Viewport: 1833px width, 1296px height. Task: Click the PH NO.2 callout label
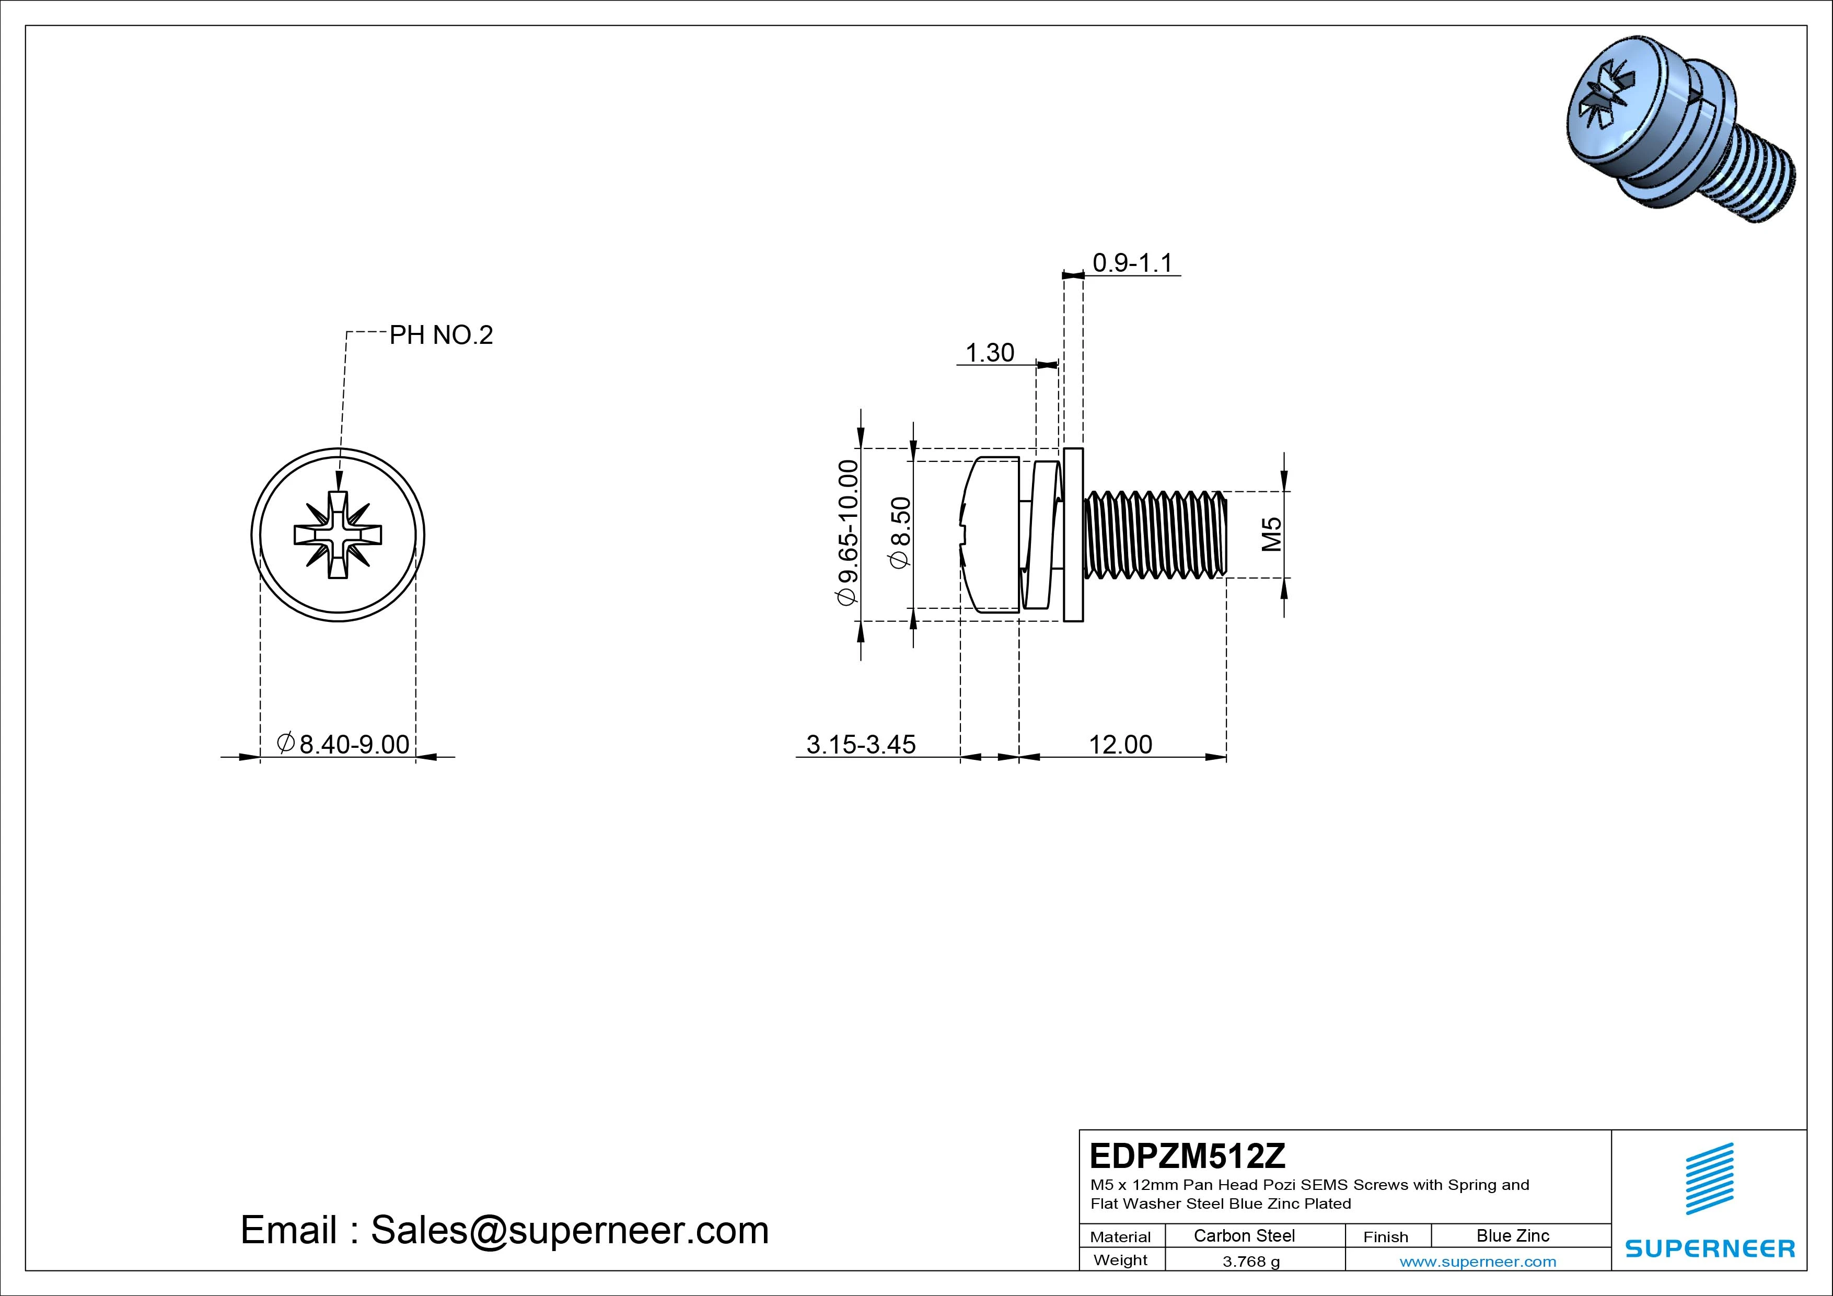point(440,335)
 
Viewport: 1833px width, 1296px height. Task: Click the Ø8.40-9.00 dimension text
point(343,744)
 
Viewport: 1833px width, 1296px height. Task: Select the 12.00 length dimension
point(1120,744)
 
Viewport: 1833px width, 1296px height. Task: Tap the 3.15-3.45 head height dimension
point(861,744)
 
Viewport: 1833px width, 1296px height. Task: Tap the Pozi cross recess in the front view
point(338,534)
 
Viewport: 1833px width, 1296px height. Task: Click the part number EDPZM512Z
point(1187,1155)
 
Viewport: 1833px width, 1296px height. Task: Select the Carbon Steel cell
point(1244,1236)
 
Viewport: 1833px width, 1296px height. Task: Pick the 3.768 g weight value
point(1251,1262)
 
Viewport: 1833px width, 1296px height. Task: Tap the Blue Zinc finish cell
point(1512,1236)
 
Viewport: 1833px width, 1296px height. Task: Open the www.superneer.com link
point(1477,1262)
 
